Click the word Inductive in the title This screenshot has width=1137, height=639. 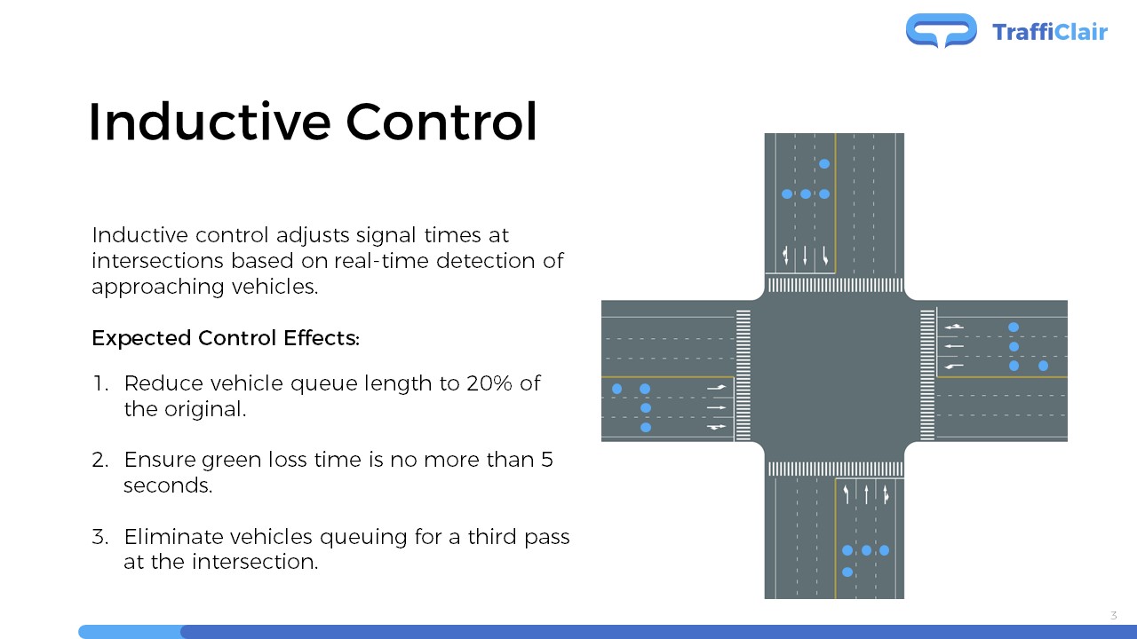click(x=210, y=122)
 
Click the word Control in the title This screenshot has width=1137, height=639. click(x=441, y=122)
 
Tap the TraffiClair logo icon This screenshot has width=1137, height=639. click(x=941, y=30)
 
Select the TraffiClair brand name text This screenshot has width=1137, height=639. click(x=1050, y=32)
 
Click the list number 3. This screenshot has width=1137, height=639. click(x=100, y=537)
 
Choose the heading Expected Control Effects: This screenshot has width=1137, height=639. click(x=226, y=338)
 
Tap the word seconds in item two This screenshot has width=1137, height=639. click(x=168, y=485)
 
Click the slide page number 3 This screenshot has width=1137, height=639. click(x=1113, y=615)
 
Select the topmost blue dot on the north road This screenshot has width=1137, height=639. click(x=824, y=164)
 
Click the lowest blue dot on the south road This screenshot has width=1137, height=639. click(x=847, y=572)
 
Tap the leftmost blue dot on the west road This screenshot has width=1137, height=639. click(x=616, y=389)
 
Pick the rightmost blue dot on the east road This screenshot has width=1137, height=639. click(x=1043, y=366)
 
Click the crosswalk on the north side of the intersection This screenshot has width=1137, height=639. click(x=836, y=285)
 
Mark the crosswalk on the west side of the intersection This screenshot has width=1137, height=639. click(x=743, y=375)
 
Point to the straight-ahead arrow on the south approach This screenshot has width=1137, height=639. click(x=866, y=494)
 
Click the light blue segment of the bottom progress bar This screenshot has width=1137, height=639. click(x=131, y=632)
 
